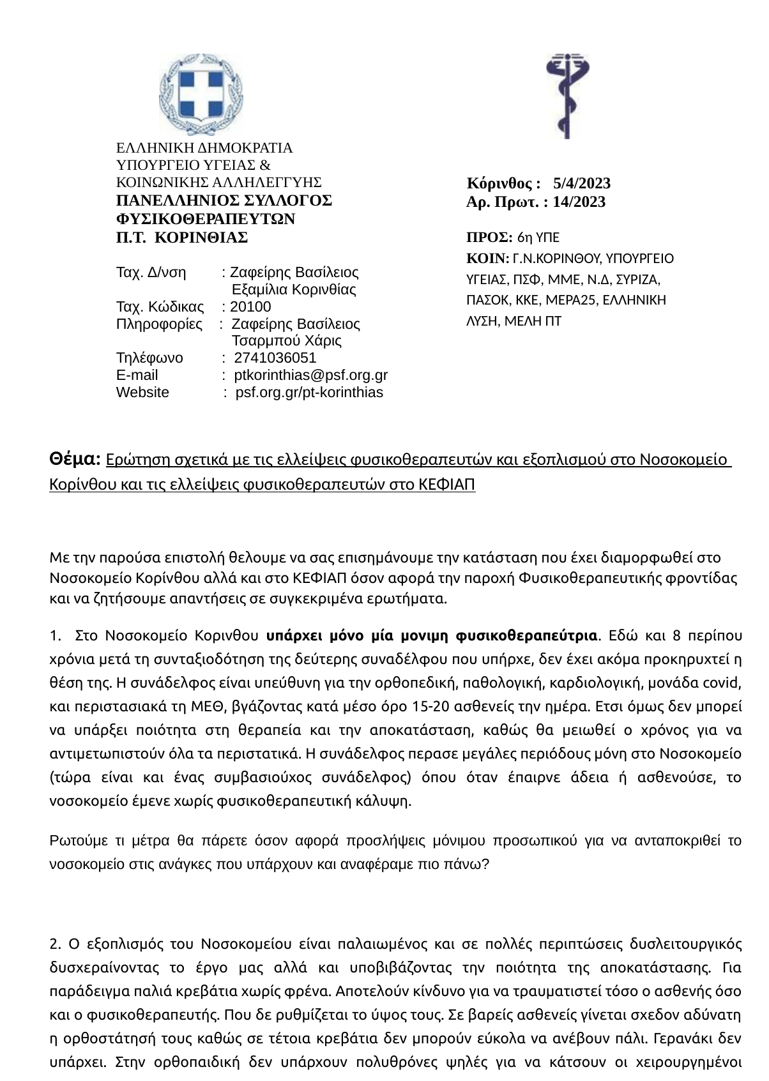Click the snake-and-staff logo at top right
(567, 96)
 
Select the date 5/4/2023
(582, 184)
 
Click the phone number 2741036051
(275, 358)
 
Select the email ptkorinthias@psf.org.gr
(311, 375)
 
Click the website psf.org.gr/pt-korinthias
(309, 392)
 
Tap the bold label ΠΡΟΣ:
(490, 238)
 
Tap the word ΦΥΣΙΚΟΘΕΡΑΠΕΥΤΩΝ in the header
(206, 219)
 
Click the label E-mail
(137, 375)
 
